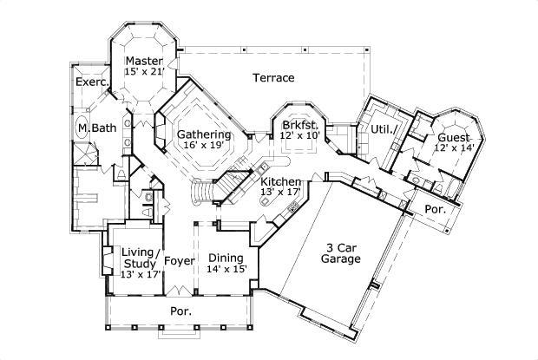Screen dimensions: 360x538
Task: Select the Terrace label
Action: click(x=273, y=78)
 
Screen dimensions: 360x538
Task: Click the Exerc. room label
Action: click(x=90, y=82)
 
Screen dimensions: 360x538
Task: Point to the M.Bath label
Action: click(x=92, y=128)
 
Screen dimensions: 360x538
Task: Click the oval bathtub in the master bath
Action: click(x=81, y=127)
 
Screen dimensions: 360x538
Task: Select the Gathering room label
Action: click(x=204, y=134)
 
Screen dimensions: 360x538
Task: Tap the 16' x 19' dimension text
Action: click(x=204, y=147)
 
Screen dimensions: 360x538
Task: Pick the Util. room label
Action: click(x=384, y=129)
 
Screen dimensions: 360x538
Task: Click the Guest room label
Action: click(x=454, y=137)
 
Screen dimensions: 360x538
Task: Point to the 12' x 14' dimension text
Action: click(x=454, y=148)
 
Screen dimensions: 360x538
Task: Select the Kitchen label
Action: click(x=281, y=180)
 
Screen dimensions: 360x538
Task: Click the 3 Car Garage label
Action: click(x=340, y=251)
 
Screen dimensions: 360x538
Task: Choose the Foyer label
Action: click(x=179, y=259)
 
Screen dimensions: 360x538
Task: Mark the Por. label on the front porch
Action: click(x=180, y=310)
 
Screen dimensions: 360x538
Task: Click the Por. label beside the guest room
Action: click(x=434, y=209)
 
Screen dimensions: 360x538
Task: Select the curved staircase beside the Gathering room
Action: click(x=205, y=189)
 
